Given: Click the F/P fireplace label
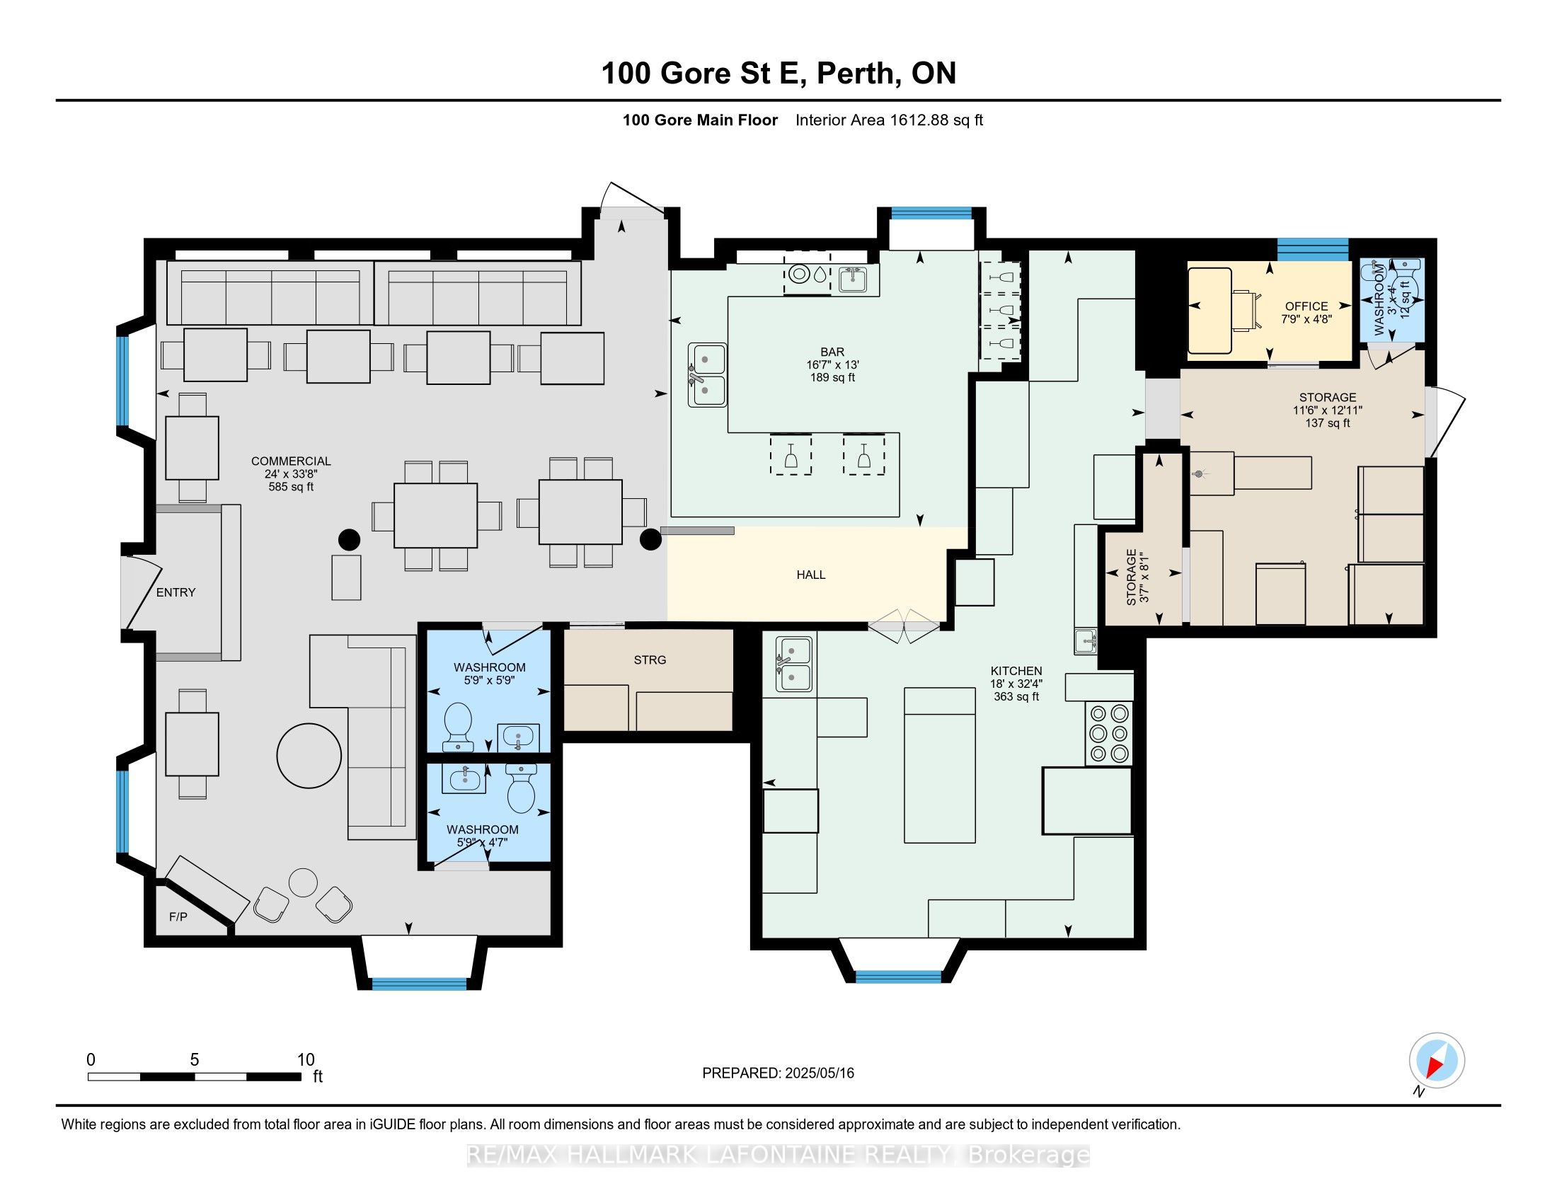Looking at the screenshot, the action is pyautogui.click(x=178, y=916).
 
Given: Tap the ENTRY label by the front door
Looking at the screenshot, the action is pyautogui.click(x=176, y=592).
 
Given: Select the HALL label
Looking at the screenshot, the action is pyautogui.click(x=810, y=575).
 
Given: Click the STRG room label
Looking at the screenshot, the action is pyautogui.click(x=650, y=660).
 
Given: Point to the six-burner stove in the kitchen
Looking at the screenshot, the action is pyautogui.click(x=1109, y=733).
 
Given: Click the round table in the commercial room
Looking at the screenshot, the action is pyautogui.click(x=309, y=756).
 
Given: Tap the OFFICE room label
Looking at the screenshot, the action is pyautogui.click(x=1306, y=306).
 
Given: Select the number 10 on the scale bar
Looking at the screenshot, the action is pyautogui.click(x=305, y=1060).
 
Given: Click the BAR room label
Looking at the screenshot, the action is pyautogui.click(x=832, y=352).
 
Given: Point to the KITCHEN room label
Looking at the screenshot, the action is pyautogui.click(x=1016, y=671).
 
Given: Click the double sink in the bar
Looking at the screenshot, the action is pyautogui.click(x=707, y=375).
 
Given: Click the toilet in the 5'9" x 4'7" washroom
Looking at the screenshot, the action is pyautogui.click(x=521, y=788).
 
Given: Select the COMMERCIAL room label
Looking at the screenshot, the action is pyautogui.click(x=291, y=461).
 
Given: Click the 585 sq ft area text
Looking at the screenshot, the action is pyautogui.click(x=291, y=487).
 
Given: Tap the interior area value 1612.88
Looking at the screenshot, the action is pyautogui.click(x=919, y=120).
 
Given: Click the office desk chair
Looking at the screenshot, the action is pyautogui.click(x=1246, y=310).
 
